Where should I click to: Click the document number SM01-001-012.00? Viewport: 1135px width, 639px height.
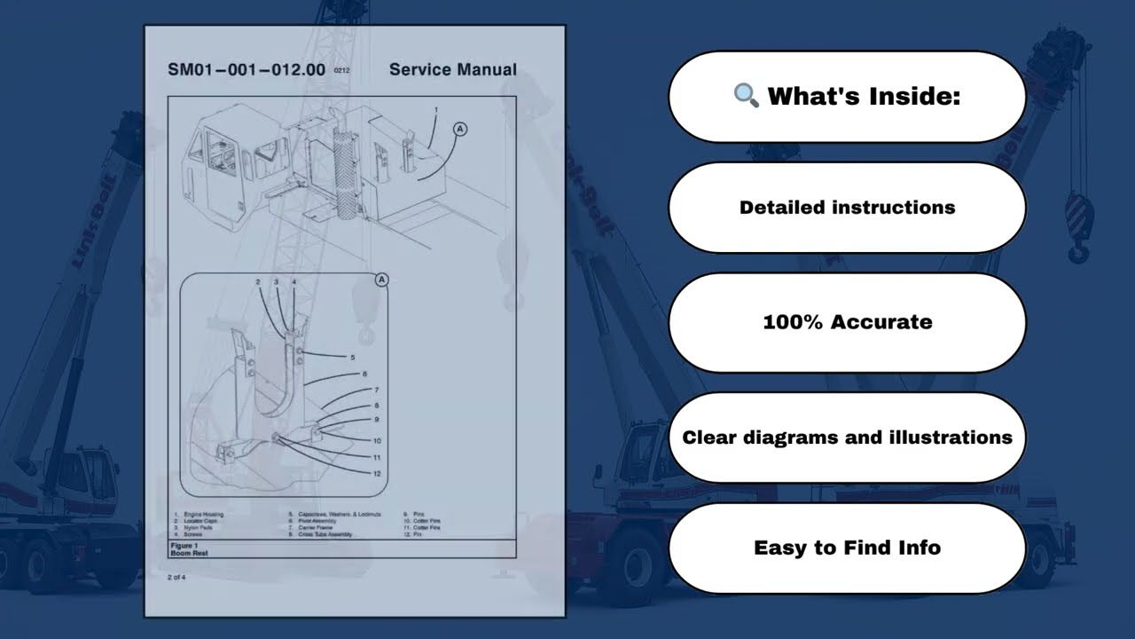point(247,70)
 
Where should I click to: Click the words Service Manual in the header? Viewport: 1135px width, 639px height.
point(452,70)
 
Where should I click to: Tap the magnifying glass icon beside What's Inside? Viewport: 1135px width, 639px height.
point(746,96)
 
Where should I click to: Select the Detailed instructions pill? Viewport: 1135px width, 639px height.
point(847,208)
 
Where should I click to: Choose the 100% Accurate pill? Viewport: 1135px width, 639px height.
point(847,322)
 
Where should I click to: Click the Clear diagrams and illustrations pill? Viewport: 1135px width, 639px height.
point(847,438)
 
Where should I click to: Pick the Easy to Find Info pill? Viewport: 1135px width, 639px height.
point(847,548)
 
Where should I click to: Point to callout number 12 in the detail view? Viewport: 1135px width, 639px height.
point(377,474)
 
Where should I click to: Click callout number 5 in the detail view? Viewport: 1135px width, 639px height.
point(352,358)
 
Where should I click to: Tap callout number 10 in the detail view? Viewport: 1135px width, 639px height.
point(377,440)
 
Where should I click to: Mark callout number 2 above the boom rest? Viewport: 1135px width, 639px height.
point(258,282)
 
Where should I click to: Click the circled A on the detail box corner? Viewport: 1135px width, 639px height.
point(382,280)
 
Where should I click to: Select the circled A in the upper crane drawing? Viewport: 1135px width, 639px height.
point(459,129)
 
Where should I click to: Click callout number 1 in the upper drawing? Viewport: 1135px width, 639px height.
point(435,110)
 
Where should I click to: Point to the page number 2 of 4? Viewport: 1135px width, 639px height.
point(176,577)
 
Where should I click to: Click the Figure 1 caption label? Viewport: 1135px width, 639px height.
point(184,545)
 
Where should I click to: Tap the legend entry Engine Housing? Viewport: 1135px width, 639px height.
point(202,514)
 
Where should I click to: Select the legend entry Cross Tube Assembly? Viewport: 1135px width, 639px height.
point(325,534)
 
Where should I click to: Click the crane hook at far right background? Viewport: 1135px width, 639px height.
point(1078,226)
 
